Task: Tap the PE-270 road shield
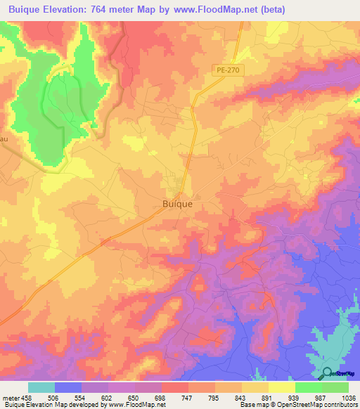pos(224,70)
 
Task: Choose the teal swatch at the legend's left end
pos(41,387)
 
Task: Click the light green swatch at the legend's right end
pos(335,387)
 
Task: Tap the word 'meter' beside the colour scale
pos(11,397)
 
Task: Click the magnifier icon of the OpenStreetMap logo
pos(326,373)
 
